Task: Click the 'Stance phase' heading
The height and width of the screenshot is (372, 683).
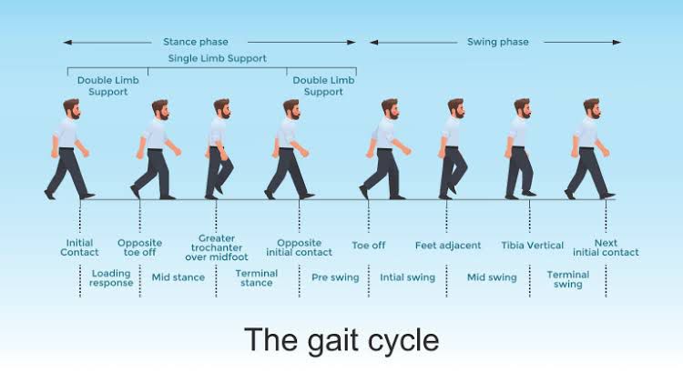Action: coord(195,42)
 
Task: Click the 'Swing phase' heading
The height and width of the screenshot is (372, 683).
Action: coord(497,42)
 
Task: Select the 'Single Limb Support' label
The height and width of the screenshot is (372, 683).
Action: coord(217,58)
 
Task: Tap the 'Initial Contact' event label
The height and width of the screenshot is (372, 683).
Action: coord(80,247)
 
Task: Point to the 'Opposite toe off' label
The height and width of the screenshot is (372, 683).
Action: coord(139,247)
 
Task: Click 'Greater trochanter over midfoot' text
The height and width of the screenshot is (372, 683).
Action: coord(217,247)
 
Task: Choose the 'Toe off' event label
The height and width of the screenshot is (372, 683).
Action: coord(368,245)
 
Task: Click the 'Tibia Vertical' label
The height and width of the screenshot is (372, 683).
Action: coord(533,245)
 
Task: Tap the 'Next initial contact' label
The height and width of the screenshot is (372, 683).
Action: coord(606,247)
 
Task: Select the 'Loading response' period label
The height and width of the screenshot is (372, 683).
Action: coord(111,277)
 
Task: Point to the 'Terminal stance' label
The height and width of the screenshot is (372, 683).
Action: coord(256,277)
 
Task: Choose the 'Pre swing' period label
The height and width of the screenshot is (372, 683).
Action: coord(335,276)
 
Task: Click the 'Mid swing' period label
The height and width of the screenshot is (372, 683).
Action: coord(492,276)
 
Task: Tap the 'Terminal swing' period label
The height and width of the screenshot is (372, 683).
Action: coord(567,278)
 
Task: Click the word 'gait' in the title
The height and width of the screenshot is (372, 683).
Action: coord(342,340)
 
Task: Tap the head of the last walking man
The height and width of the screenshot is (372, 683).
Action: coord(591,108)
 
